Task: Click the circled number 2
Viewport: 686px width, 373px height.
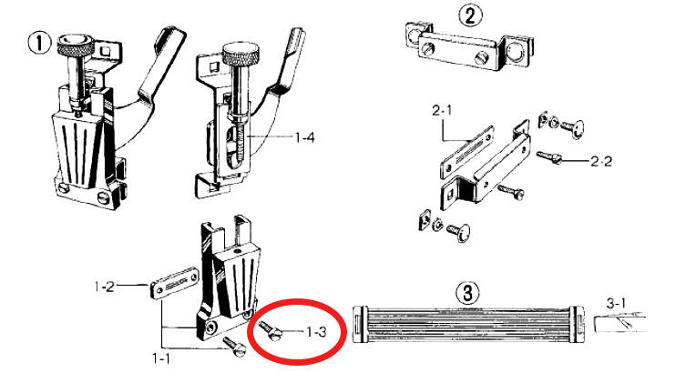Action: pyautogui.click(x=469, y=15)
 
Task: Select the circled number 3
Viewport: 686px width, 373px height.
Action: pyautogui.click(x=466, y=293)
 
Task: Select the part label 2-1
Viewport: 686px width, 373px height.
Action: pyautogui.click(x=444, y=110)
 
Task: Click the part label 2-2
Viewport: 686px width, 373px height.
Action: pyautogui.click(x=601, y=161)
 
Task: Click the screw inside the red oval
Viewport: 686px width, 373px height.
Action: pyautogui.click(x=271, y=329)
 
